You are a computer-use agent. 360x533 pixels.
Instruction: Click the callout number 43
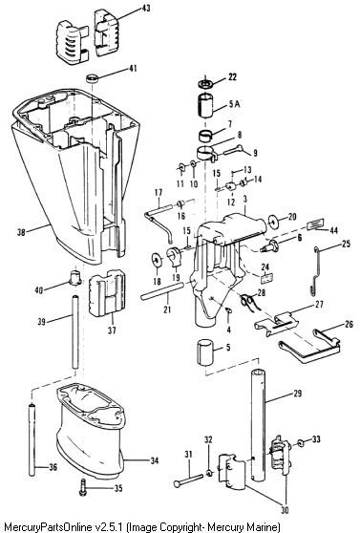coord(145,8)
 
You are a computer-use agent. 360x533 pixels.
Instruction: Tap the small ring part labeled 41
coord(92,78)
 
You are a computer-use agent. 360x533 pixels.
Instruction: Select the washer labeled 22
coord(205,83)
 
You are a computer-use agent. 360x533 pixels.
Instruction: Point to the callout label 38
coord(21,232)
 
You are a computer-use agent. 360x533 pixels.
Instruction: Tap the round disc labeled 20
coord(273,221)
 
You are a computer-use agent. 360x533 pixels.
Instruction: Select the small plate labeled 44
coord(315,224)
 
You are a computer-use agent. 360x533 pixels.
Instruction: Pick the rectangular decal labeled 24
coord(266,278)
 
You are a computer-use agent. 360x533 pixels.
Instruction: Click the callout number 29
coord(297,394)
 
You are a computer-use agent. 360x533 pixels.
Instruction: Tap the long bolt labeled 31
coord(188,480)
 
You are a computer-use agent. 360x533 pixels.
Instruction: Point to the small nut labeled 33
coord(300,443)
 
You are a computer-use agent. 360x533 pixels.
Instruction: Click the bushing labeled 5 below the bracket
coord(205,352)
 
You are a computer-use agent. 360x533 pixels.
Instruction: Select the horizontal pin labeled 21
coord(162,291)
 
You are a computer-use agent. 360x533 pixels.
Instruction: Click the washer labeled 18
coord(157,260)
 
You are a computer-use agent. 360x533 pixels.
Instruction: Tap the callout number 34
coord(155,460)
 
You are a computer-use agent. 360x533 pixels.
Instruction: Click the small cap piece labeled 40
coord(75,277)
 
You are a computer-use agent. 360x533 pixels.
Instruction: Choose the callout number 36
coord(53,467)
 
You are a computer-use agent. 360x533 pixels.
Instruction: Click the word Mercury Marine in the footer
coord(244,527)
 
